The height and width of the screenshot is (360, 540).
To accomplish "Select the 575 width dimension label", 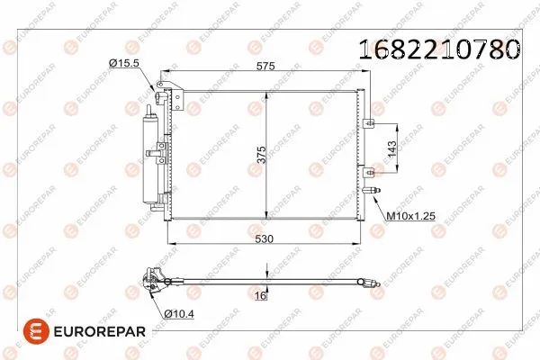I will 263,67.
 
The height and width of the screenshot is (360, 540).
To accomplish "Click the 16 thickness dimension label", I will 259,295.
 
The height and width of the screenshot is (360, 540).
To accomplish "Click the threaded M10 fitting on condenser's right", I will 376,190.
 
